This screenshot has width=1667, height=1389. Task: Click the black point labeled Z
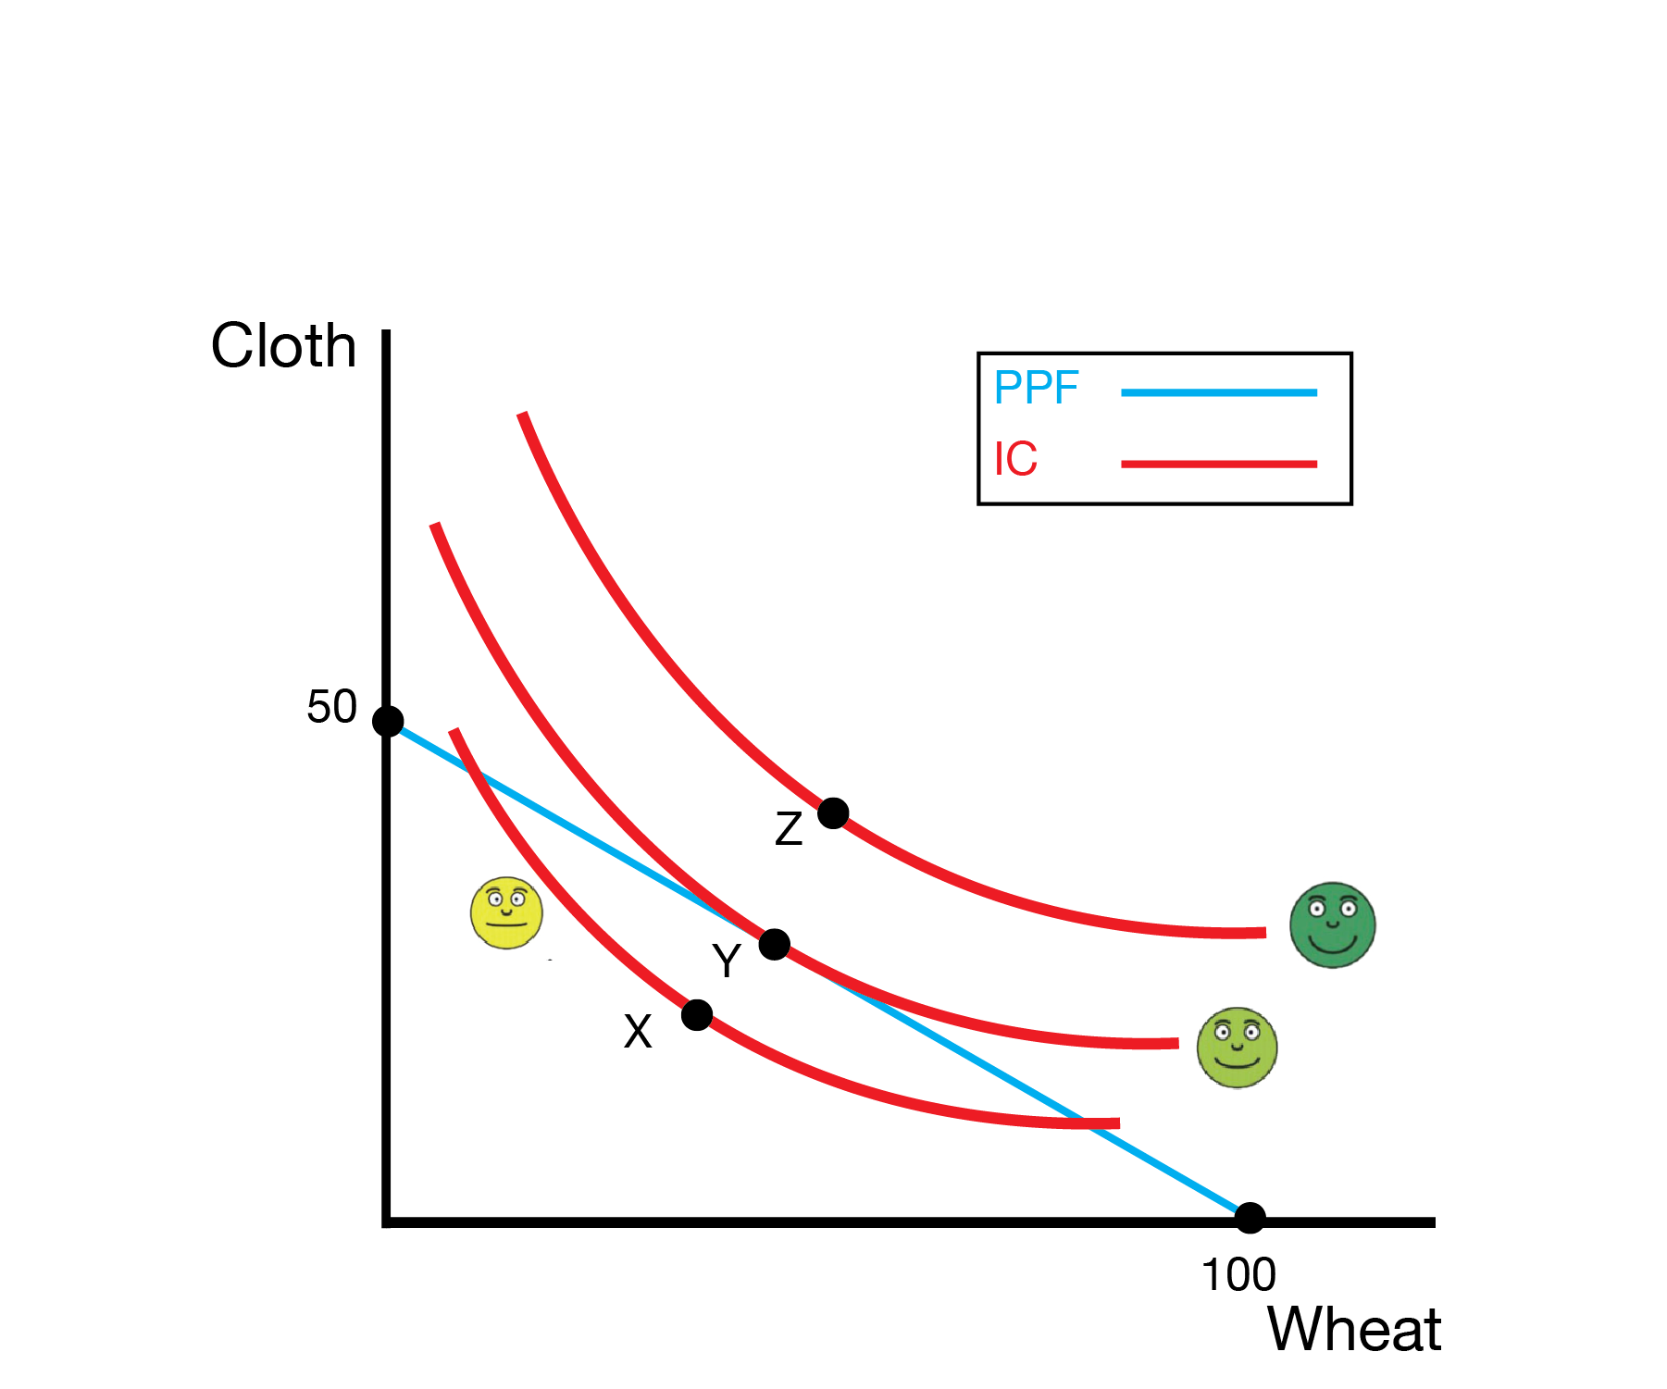coord(833,813)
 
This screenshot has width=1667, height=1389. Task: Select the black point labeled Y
coord(774,945)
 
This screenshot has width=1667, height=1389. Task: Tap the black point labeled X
coord(697,1015)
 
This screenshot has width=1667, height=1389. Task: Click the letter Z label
coord(789,829)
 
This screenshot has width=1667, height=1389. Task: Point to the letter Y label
coord(727,961)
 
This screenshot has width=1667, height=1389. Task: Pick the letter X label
coord(638,1032)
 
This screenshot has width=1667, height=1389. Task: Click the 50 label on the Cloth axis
coord(331,707)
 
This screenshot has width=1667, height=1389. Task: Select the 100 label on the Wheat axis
coord(1238,1275)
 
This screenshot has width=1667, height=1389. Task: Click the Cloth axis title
coord(283,346)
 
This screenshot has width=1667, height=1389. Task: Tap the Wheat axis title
coord(1353,1330)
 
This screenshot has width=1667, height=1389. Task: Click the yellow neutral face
coord(506,913)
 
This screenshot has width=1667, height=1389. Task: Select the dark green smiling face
coord(1332,924)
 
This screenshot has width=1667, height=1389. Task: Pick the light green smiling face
coord(1237,1048)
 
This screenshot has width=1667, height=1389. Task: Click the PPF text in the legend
coord(1036,388)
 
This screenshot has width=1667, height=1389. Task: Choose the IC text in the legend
coord(1015,459)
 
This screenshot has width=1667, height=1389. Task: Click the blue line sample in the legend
coord(1218,393)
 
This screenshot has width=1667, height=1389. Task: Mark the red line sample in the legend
coord(1218,464)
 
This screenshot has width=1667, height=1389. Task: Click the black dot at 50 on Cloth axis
coord(388,721)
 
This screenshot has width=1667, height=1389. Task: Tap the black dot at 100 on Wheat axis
coord(1250,1218)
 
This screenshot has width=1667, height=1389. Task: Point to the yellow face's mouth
coord(506,924)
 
